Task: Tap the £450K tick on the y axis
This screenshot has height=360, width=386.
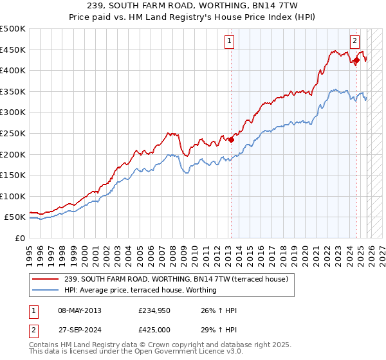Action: click(13, 50)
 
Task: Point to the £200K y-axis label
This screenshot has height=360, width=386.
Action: click(13, 154)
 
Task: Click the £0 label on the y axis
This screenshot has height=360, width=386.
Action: click(20, 238)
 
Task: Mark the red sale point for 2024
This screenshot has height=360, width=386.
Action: click(356, 60)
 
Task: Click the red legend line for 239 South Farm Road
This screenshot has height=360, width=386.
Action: click(46, 279)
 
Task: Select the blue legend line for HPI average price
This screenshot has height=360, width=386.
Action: click(46, 290)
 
